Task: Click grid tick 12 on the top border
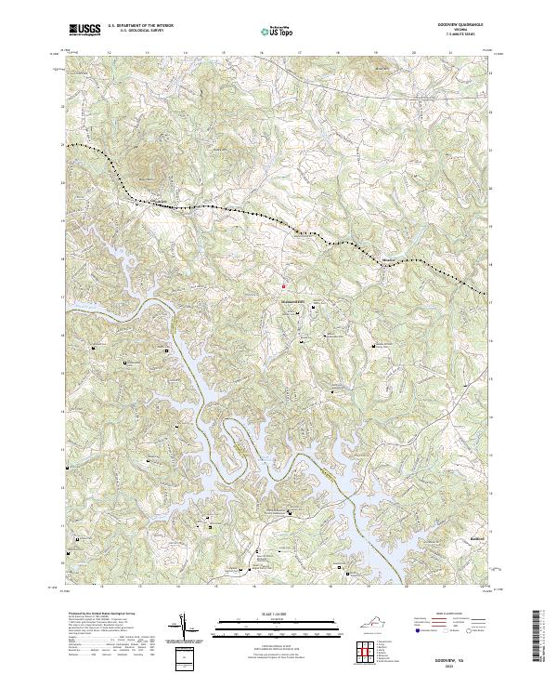tap(110, 54)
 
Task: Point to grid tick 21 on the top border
tap(450, 54)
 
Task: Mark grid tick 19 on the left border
tap(64, 221)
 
